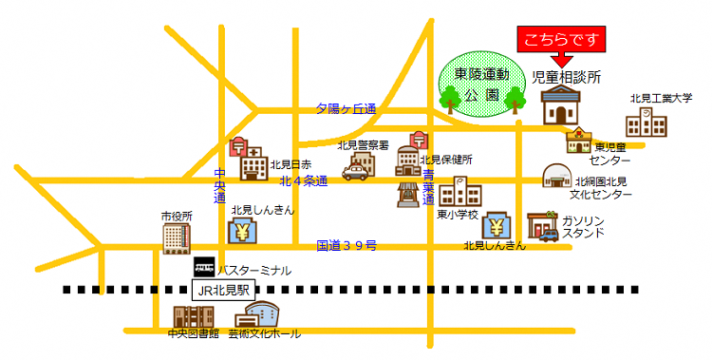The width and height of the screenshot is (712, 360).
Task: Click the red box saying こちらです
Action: [x=560, y=41]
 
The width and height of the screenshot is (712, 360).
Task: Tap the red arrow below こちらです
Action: [x=560, y=62]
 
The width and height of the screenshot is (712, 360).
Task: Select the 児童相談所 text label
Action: [x=568, y=77]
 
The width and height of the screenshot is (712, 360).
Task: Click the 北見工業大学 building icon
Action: [x=646, y=123]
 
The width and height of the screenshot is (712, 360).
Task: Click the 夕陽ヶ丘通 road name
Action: [x=347, y=109]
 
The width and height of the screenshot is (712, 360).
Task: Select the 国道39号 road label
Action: [x=347, y=246]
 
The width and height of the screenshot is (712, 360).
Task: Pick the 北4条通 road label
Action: [x=304, y=180]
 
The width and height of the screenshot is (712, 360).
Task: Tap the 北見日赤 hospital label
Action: [x=291, y=164]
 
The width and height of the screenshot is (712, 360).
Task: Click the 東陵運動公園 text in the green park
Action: [x=481, y=84]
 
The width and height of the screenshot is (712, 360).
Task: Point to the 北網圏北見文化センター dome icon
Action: [x=555, y=177]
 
